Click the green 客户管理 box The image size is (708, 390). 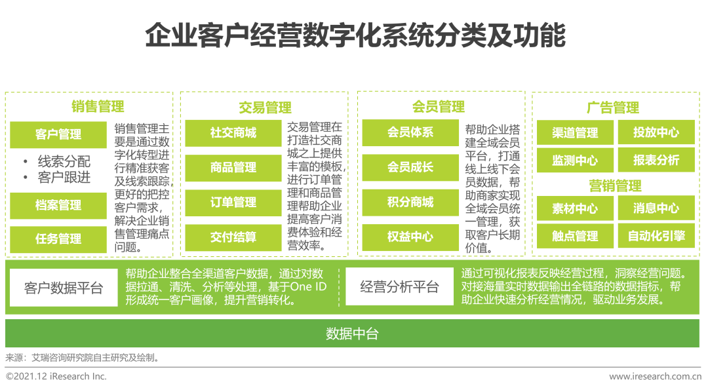[58, 135]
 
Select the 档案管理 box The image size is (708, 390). [58, 205]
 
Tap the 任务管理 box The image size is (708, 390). [58, 239]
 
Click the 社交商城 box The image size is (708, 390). [233, 133]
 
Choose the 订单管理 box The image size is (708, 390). [233, 203]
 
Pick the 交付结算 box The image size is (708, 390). [233, 237]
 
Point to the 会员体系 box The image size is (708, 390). [410, 132]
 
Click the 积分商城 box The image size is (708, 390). [410, 202]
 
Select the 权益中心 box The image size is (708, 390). [410, 237]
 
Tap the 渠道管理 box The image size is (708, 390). [575, 133]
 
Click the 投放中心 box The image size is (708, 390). [656, 132]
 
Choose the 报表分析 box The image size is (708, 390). [656, 160]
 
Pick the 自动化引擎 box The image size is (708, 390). [656, 236]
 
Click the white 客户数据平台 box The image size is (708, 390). [64, 288]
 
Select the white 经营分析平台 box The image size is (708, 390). [399, 287]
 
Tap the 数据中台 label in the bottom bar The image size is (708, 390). [353, 334]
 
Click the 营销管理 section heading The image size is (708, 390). [615, 185]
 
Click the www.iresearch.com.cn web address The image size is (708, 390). [655, 376]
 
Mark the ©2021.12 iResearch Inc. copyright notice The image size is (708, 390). [56, 376]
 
